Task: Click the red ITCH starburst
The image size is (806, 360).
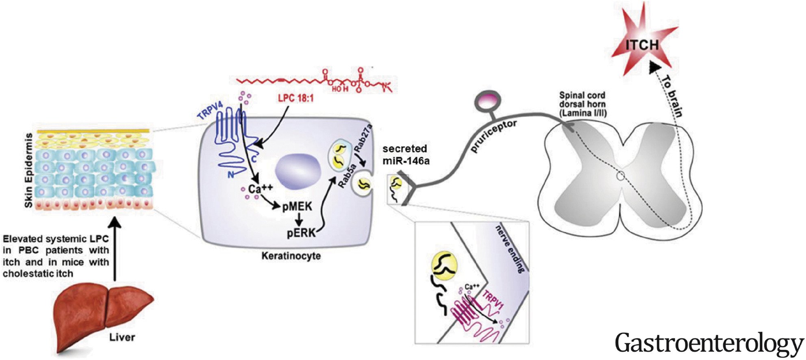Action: pyautogui.click(x=641, y=44)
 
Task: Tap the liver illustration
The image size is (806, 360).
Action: pyautogui.click(x=104, y=313)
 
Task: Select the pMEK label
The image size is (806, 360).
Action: pyautogui.click(x=297, y=207)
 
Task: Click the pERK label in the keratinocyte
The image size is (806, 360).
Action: pyautogui.click(x=302, y=233)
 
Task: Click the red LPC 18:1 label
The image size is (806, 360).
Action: pyautogui.click(x=296, y=98)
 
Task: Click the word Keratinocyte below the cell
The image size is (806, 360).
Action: pyautogui.click(x=291, y=256)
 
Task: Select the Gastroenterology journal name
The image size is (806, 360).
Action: pyautogui.click(x=709, y=343)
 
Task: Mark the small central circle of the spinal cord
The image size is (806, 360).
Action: pyautogui.click(x=620, y=176)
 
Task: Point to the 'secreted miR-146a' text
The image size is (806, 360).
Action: pyautogui.click(x=406, y=155)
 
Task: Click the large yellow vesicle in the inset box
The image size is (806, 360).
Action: pyautogui.click(x=444, y=266)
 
